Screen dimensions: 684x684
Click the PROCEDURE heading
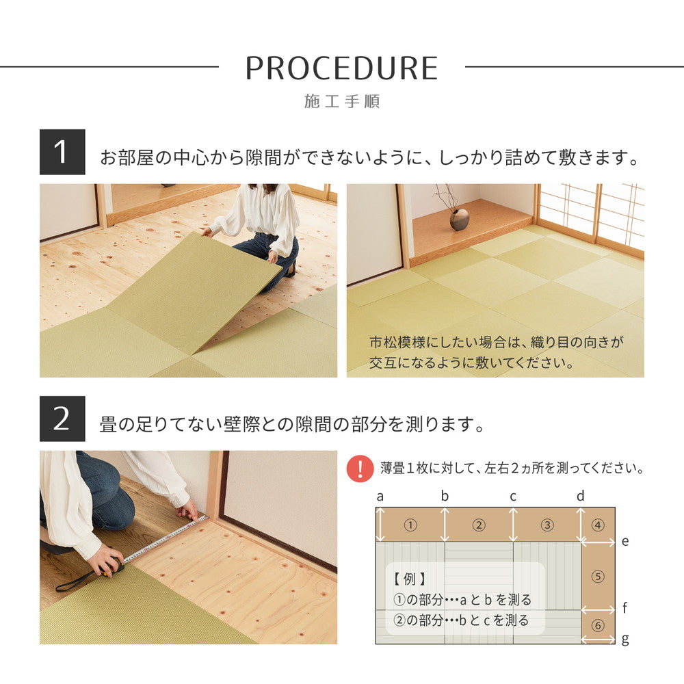click(341, 68)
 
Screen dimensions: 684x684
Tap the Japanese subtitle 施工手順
click(341, 102)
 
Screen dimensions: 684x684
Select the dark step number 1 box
click(62, 152)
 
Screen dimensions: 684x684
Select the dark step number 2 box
click(62, 419)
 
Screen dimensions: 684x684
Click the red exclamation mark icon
click(360, 469)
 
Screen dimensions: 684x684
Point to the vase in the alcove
click(459, 218)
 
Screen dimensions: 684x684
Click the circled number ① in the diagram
click(410, 525)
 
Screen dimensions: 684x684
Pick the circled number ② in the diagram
click(479, 525)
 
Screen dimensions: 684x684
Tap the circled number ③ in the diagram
click(547, 525)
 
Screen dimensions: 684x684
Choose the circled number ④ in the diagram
click(598, 525)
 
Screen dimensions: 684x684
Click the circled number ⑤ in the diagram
click(598, 577)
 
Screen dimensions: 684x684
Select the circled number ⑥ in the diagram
click(598, 626)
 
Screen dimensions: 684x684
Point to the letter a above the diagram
click(380, 496)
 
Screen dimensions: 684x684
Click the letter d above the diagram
click(580, 496)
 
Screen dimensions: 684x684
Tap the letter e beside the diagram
click(625, 542)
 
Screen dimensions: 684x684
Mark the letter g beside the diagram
click(625, 640)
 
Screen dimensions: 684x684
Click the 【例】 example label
click(410, 579)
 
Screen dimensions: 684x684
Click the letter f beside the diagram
click(625, 607)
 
